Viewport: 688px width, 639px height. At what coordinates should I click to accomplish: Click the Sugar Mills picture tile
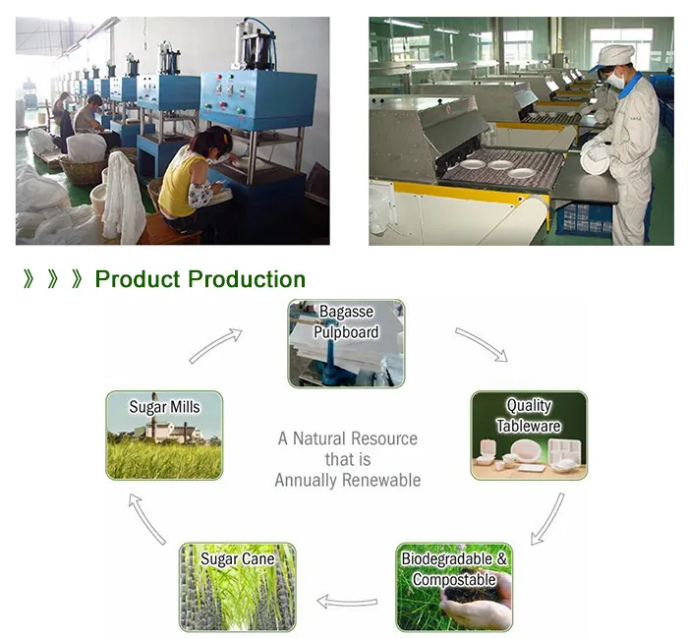[164, 436]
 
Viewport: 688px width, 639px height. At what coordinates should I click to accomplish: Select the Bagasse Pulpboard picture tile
[346, 343]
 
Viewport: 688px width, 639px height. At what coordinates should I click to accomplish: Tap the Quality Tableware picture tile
[529, 436]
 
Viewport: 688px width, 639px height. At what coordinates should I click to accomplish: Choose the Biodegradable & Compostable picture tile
[454, 587]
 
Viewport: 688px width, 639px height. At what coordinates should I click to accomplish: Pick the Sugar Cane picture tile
[237, 587]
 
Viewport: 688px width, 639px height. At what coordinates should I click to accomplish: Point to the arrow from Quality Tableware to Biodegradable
[547, 518]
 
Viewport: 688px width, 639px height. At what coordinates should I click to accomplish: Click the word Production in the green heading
[247, 279]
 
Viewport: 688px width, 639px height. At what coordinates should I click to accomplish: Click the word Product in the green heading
[138, 279]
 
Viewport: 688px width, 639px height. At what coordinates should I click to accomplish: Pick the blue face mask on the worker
[614, 82]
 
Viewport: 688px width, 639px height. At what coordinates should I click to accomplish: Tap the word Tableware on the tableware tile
[529, 426]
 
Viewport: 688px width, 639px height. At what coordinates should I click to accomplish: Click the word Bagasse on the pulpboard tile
[346, 313]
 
